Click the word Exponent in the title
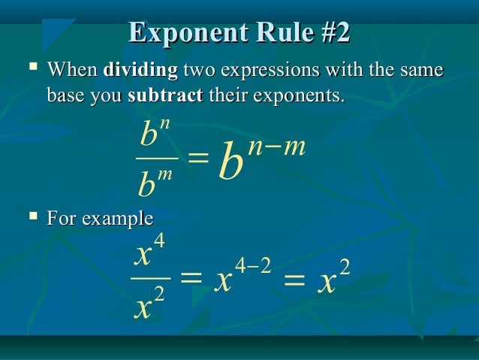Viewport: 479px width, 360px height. pos(178,34)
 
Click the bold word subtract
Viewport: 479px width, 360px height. pos(165,97)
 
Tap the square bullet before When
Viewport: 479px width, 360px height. pos(32,71)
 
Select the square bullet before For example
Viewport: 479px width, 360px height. pos(32,217)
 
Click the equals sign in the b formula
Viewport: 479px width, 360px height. pos(197,158)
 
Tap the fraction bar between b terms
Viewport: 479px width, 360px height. pos(157,159)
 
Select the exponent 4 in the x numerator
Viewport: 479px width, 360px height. pos(158,241)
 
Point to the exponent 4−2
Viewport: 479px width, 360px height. pos(252,265)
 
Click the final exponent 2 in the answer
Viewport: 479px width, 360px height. pos(345,265)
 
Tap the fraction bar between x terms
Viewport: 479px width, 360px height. pos(151,277)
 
